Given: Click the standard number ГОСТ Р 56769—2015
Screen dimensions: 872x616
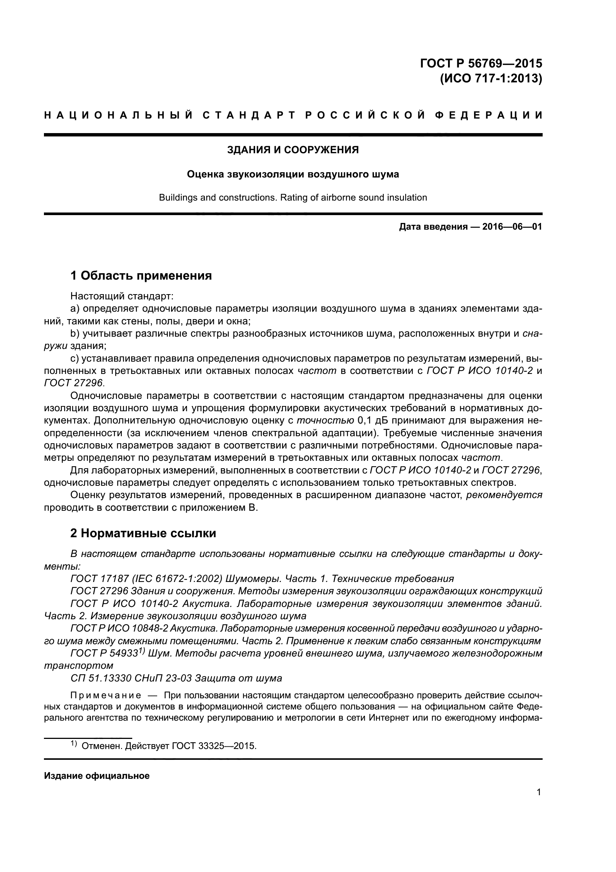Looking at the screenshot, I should pos(481,63).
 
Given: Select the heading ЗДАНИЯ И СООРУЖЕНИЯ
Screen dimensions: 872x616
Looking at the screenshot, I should pos(293,150).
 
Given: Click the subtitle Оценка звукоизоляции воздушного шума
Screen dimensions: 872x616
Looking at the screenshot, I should pos(293,174).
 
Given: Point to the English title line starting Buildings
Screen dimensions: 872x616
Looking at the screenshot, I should pos(293,198).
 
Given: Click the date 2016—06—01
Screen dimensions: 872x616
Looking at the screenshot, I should pos(512,227).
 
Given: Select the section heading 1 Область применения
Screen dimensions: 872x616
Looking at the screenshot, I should pos(141,276).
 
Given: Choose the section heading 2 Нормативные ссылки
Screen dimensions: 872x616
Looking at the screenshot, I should pos(143,533).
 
